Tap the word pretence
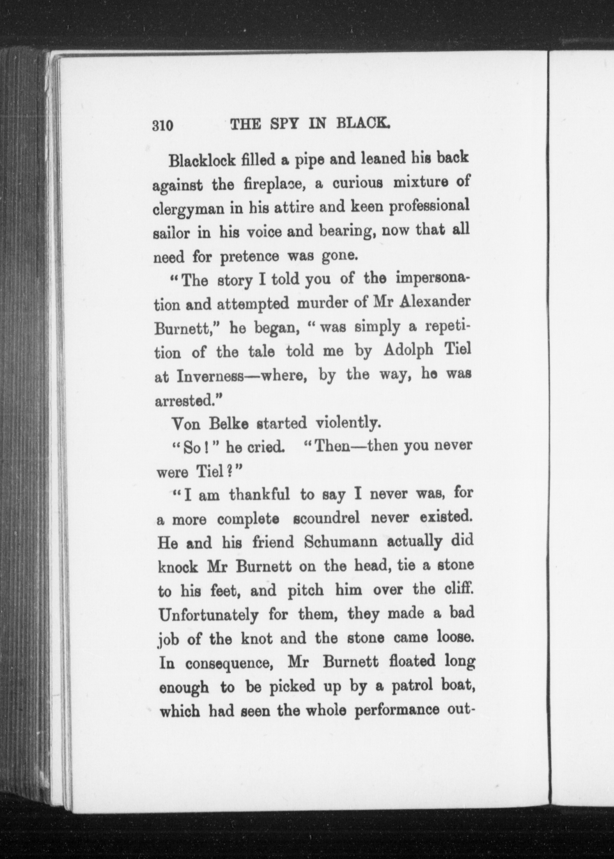(x=250, y=257)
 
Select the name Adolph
(x=408, y=350)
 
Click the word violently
(x=347, y=423)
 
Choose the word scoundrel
(x=326, y=519)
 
